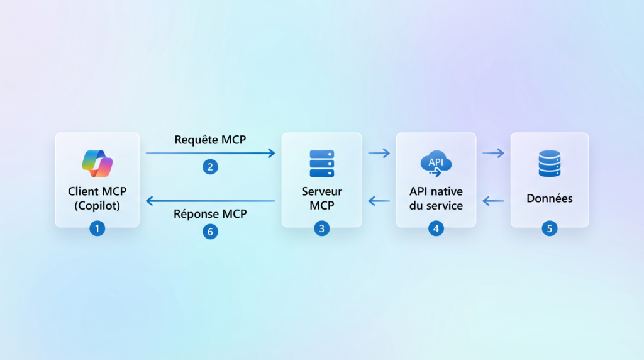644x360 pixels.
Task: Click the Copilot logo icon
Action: pos(97,164)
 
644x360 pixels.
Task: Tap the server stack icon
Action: pos(321,164)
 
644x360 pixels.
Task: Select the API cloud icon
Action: pos(436,164)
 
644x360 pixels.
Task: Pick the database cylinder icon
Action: pos(550,164)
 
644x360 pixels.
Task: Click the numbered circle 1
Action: pos(97,229)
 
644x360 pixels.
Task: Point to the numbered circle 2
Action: pos(210,167)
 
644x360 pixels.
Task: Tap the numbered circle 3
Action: pos(321,229)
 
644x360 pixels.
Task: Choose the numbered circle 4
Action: pos(436,229)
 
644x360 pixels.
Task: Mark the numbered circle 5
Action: pos(550,229)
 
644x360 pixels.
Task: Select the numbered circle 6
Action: pos(210,232)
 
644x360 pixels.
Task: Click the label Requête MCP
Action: pos(210,140)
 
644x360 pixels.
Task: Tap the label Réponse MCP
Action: pos(210,214)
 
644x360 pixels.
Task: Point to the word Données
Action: pos(550,198)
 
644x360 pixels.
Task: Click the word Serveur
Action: pos(321,191)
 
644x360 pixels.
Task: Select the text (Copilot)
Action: pos(97,206)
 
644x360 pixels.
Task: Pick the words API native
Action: pos(436,191)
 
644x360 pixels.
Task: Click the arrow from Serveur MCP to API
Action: pos(379,153)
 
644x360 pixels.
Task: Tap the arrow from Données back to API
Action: pos(493,201)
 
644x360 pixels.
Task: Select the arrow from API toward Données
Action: pos(493,153)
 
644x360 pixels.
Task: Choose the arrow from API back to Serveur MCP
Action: pos(379,201)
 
